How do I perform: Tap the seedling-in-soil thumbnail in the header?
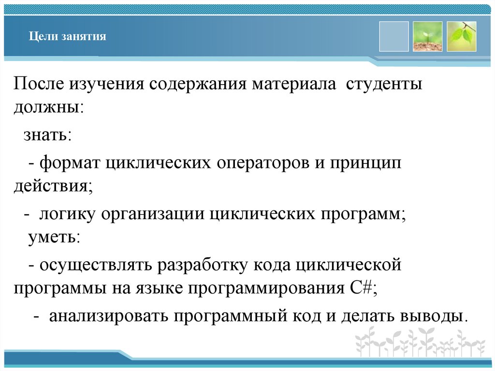click(427, 36)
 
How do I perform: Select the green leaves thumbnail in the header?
click(461, 36)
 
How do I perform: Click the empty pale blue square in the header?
click(393, 36)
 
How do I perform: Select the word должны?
click(49, 107)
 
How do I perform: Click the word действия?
click(53, 186)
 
